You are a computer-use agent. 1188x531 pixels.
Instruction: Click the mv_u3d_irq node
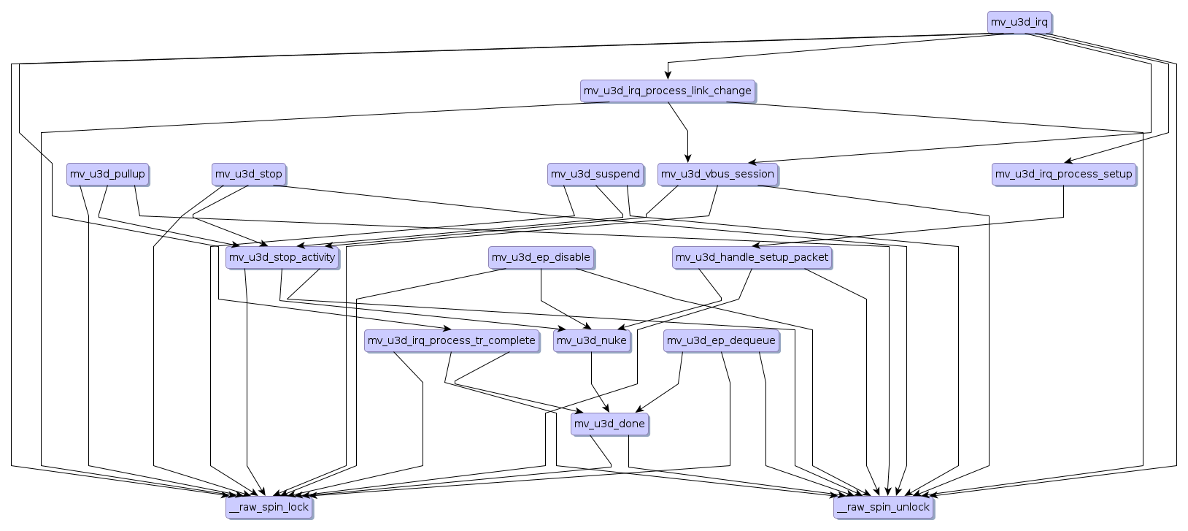point(1019,22)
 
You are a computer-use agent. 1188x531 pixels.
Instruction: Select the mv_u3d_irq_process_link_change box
point(667,91)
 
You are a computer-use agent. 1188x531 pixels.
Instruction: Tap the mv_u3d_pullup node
point(107,174)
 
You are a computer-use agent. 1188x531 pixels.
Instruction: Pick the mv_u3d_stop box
point(248,174)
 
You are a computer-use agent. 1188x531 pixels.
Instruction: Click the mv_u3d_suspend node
point(595,174)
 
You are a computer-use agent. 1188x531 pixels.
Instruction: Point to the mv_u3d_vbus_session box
point(717,174)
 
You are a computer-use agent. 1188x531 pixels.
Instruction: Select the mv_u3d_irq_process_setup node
point(1063,174)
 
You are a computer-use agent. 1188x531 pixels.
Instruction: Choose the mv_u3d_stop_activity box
point(282,257)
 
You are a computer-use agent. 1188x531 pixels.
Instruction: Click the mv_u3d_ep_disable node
point(541,257)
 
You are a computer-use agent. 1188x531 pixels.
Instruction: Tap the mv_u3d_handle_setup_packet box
point(752,257)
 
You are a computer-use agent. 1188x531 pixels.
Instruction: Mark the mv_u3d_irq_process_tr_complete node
point(451,340)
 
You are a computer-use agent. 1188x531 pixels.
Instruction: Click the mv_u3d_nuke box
point(591,340)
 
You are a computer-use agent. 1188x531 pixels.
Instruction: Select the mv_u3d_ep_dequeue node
point(721,340)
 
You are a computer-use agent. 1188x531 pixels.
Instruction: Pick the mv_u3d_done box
point(609,424)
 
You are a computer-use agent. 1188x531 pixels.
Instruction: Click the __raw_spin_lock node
point(269,507)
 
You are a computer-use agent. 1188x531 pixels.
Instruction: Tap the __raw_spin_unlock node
point(883,507)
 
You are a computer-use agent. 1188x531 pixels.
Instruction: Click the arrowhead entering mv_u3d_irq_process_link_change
point(667,75)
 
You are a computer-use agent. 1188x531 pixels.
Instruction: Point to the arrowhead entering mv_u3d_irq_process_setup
point(1068,161)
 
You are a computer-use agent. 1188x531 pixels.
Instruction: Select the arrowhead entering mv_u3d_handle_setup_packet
point(756,245)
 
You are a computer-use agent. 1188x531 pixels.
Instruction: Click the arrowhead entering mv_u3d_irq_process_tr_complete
point(446,328)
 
